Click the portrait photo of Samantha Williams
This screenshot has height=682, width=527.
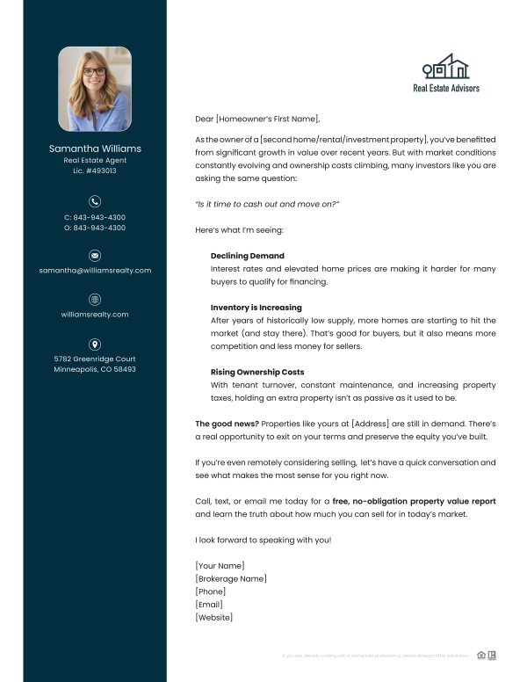coord(95,89)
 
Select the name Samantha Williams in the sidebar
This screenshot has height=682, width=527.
coord(95,149)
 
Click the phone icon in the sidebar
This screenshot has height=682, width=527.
coord(95,201)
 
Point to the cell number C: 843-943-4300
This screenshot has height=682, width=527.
coord(95,217)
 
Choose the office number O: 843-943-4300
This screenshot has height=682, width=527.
coord(95,228)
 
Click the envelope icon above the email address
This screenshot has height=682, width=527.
coord(95,255)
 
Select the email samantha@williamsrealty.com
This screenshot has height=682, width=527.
coord(95,271)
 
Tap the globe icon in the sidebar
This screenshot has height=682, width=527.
coord(95,299)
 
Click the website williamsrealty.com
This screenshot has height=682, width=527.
coord(95,315)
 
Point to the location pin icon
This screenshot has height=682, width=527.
coord(95,344)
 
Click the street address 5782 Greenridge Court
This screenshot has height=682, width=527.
coord(95,359)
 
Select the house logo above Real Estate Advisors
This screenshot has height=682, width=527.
coord(446,67)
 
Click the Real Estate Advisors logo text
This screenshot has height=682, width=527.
coord(446,88)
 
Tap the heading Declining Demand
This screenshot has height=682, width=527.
coord(248,256)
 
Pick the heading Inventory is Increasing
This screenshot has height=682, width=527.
coord(256,308)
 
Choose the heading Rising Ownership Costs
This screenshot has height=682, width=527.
coord(257,372)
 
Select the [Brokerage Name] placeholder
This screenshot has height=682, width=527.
coord(230,578)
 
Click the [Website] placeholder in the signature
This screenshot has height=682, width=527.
coord(213,618)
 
